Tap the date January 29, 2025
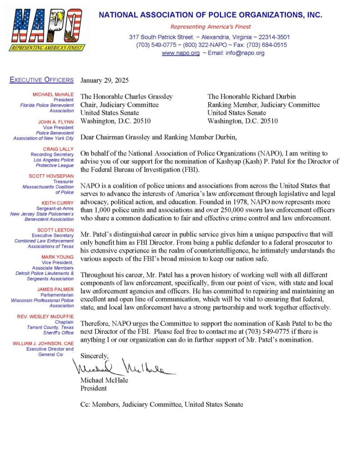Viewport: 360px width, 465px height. click(105, 80)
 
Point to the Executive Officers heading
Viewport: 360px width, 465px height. click(41, 80)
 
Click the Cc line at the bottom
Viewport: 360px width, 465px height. click(161, 404)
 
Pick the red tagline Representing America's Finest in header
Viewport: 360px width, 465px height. click(210, 27)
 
